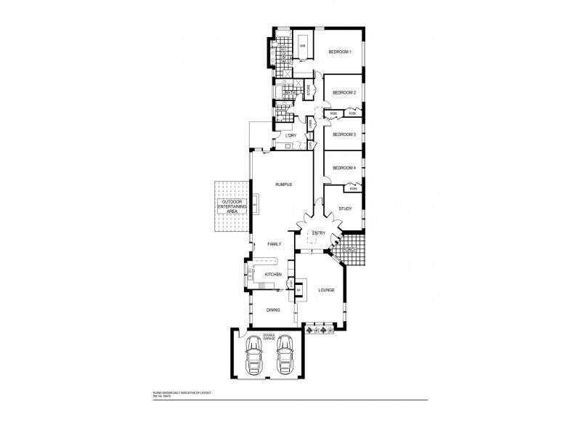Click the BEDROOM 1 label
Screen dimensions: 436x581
[340, 52]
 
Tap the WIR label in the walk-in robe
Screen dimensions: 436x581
[302, 46]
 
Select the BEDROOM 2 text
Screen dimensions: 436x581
[344, 93]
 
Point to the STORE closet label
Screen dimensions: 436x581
[308, 92]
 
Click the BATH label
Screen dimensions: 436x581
[289, 93]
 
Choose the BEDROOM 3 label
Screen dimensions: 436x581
[344, 134]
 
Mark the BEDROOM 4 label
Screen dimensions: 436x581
[344, 168]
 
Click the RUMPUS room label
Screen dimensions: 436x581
[283, 185]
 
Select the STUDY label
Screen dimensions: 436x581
[345, 209]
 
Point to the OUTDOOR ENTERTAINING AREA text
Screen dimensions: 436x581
[232, 206]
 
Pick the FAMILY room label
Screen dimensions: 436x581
[274, 244]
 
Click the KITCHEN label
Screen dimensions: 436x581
[273, 274]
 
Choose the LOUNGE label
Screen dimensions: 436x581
[326, 291]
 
